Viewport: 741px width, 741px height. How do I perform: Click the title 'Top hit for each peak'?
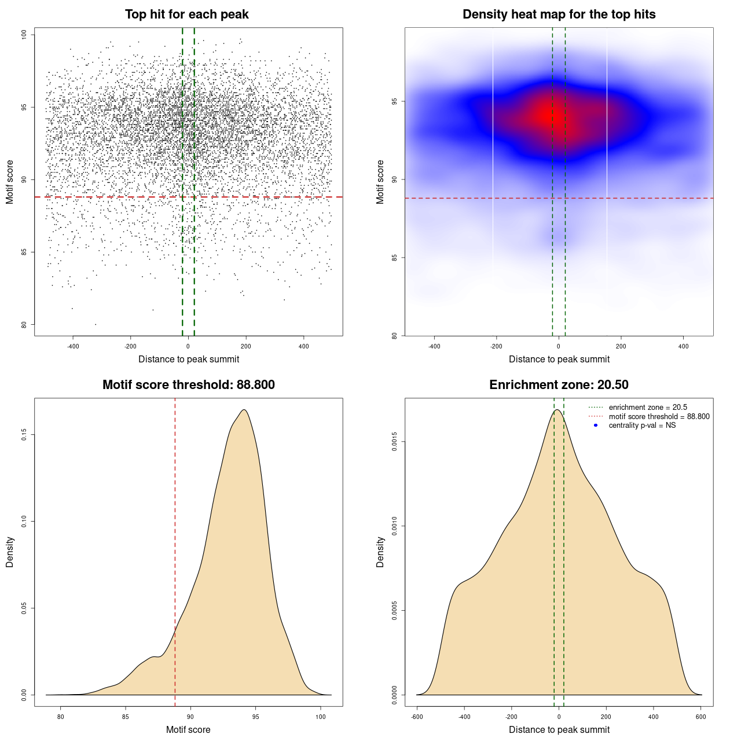pos(186,14)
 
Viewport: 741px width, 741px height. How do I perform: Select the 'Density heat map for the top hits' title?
pos(559,14)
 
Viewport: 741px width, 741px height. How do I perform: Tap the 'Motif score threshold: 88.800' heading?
pos(188,385)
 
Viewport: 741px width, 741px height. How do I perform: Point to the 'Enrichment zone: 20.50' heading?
pos(559,385)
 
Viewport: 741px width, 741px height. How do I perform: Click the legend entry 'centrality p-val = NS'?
pos(642,425)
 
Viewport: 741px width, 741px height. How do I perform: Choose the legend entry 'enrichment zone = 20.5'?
pos(648,408)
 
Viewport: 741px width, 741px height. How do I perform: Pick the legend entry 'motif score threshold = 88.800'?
pos(659,417)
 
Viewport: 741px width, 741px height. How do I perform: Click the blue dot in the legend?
pos(596,425)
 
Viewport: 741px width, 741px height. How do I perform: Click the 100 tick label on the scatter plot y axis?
pos(24,35)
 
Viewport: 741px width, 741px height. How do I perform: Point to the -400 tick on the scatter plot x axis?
pos(73,346)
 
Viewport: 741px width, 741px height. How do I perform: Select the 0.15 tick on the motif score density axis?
pos(24,435)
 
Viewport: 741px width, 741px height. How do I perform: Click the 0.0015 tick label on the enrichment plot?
pos(395,442)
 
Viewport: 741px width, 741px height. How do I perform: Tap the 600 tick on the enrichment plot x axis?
pos(701,717)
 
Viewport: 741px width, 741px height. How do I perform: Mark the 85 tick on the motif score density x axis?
pos(126,717)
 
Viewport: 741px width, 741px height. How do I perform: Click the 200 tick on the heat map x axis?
pos(621,346)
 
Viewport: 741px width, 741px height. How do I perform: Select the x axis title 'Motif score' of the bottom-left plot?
pos(188,729)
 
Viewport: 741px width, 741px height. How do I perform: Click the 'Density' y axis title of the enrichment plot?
pos(380,552)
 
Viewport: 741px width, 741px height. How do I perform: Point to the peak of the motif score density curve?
pos(244,410)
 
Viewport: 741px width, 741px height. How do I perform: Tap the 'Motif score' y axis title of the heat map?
pos(380,182)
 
